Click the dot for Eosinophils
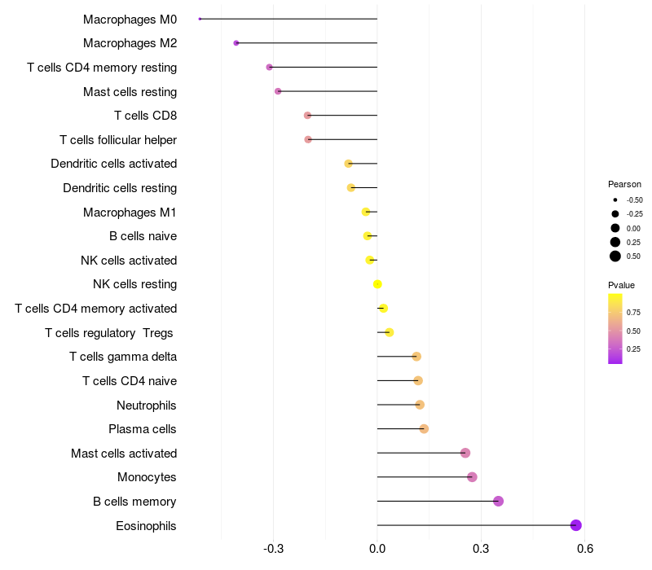[576, 525]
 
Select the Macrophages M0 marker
[200, 19]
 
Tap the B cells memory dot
[498, 501]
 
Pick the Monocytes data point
[472, 477]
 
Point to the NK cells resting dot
[377, 284]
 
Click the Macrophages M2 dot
[236, 42]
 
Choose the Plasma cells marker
[424, 428]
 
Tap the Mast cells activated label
[124, 453]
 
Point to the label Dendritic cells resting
[120, 188]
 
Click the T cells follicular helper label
[118, 140]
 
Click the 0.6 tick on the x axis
[584, 549]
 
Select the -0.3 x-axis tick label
[274, 549]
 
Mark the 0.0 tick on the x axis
[377, 549]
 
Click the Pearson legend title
[624, 184]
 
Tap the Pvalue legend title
[621, 285]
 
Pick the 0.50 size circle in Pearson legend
[615, 256]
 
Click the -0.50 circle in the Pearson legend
[615, 199]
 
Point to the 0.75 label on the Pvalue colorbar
[633, 312]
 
